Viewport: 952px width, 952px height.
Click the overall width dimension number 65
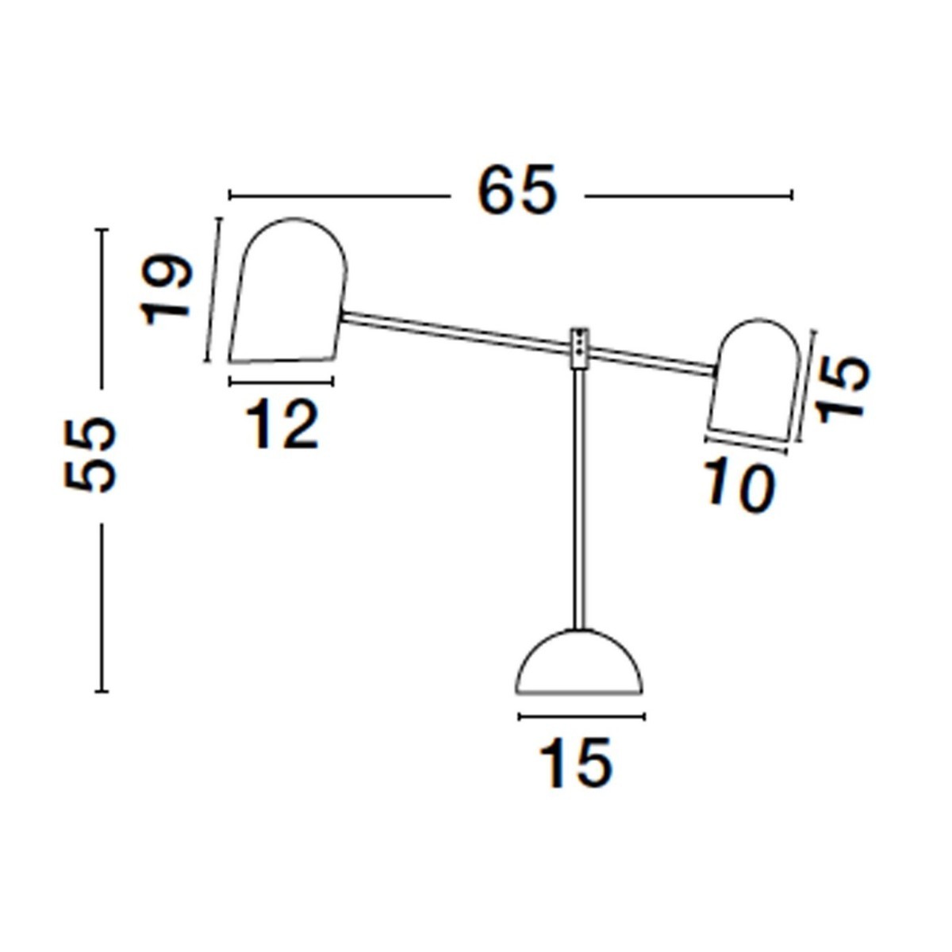516,193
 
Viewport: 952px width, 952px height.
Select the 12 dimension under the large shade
282,424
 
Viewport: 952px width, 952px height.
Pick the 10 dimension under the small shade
738,486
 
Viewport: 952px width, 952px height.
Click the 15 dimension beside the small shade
843,390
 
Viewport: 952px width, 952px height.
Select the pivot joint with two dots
581,347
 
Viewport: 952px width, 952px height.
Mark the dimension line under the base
581,717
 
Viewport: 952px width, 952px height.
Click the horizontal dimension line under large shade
281,382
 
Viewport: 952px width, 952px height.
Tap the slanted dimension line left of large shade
213,290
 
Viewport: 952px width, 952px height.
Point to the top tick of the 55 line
101,229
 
